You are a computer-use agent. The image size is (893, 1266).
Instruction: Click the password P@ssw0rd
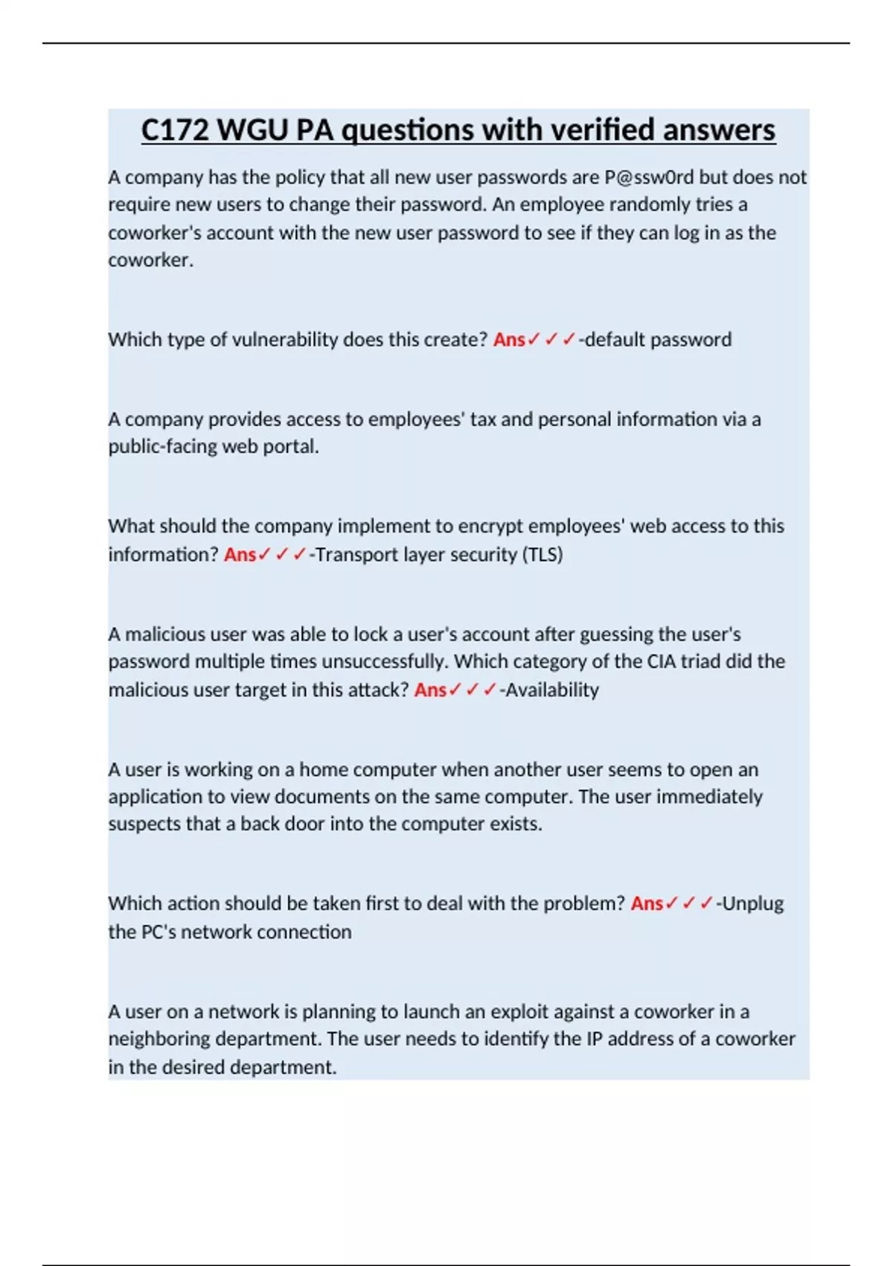[x=649, y=177]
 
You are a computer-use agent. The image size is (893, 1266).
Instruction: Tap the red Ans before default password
[x=509, y=340]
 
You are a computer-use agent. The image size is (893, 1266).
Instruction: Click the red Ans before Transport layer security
[x=240, y=555]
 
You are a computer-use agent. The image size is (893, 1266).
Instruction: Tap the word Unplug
[x=753, y=904]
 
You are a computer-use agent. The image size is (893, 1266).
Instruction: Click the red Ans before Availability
[x=430, y=690]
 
